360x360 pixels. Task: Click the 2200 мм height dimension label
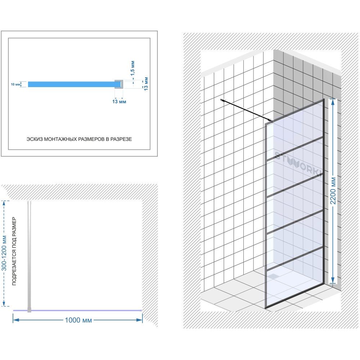click(333, 190)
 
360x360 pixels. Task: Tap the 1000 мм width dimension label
click(78, 320)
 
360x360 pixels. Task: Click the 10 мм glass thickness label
click(15, 85)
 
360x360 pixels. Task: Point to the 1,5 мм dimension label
click(132, 68)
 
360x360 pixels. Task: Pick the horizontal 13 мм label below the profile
click(119, 102)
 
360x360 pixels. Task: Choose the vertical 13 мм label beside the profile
click(146, 84)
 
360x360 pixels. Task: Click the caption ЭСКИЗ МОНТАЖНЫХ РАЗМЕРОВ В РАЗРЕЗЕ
click(79, 139)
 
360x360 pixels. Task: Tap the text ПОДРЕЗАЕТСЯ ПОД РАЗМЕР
click(14, 251)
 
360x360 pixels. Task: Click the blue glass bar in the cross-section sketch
click(72, 84)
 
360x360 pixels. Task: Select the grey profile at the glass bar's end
click(119, 84)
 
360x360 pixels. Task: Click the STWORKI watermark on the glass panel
click(298, 163)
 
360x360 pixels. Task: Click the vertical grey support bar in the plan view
click(29, 256)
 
